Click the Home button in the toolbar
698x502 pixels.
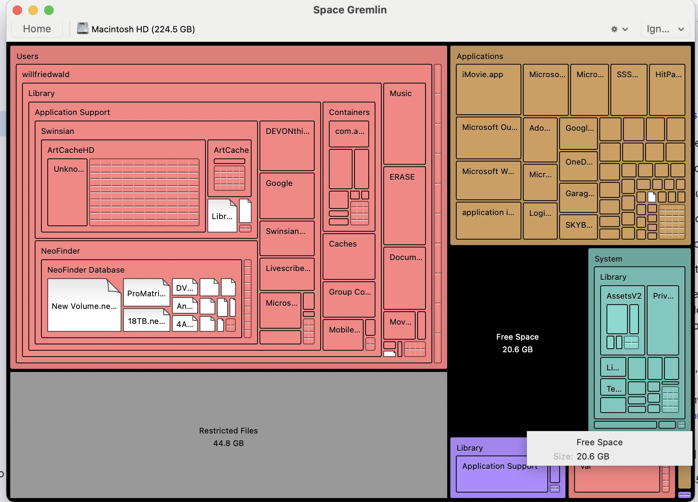(37, 29)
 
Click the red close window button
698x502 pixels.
(17, 10)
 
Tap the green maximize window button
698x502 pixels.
(49, 10)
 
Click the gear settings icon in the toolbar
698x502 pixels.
(614, 29)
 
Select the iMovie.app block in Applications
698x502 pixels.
(488, 90)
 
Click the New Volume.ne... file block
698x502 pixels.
(84, 306)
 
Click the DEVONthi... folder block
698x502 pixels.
(287, 146)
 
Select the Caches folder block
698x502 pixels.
(349, 257)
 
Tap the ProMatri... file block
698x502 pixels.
(146, 293)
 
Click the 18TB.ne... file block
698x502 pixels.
(146, 321)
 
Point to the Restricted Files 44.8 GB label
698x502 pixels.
(228, 437)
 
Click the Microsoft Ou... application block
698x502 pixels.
(488, 138)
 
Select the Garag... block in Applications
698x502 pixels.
(579, 197)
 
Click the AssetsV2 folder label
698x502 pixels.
(623, 296)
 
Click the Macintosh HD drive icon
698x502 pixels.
(82, 29)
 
